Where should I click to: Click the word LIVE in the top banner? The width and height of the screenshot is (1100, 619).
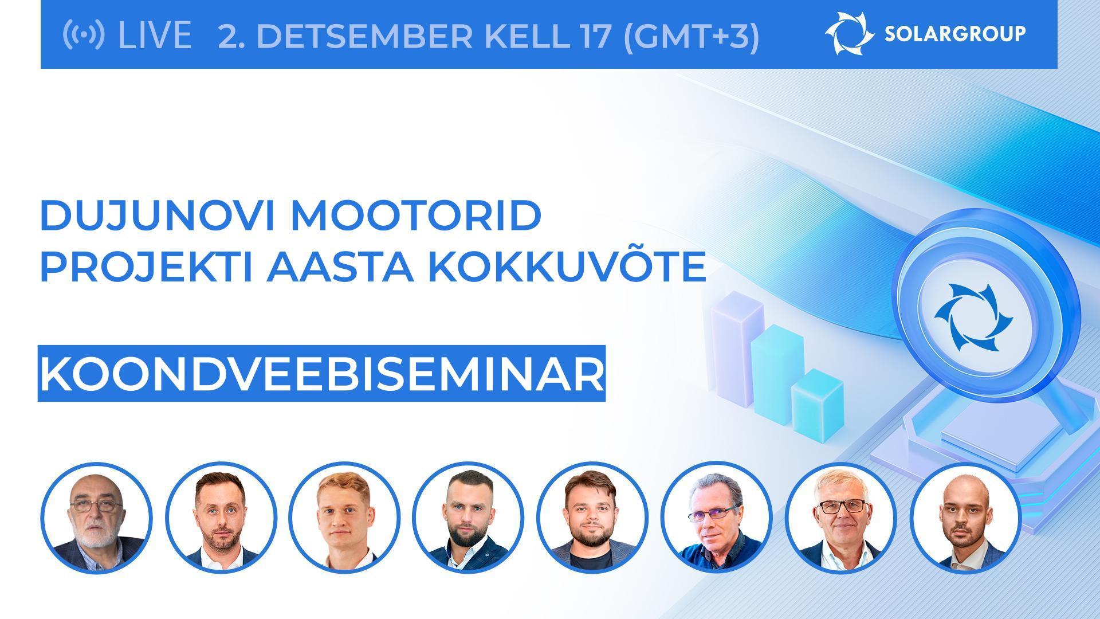point(154,35)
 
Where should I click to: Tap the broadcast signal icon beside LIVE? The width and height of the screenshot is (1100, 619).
point(84,34)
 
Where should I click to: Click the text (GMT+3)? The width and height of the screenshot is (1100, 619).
point(691,36)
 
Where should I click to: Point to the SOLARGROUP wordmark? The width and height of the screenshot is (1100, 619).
point(955,34)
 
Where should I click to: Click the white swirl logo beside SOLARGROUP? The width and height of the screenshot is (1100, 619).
point(848,34)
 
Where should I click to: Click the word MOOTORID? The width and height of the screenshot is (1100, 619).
point(417,216)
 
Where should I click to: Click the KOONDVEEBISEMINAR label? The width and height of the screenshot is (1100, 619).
point(322,374)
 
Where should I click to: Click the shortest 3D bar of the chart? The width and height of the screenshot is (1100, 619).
point(818,404)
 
